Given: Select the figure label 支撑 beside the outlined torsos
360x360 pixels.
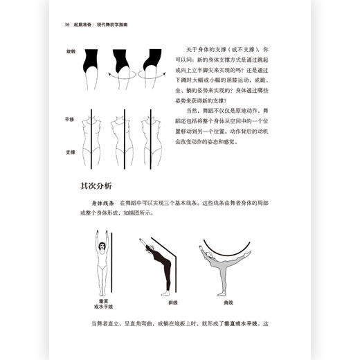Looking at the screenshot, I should pyautogui.click(x=70, y=152).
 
